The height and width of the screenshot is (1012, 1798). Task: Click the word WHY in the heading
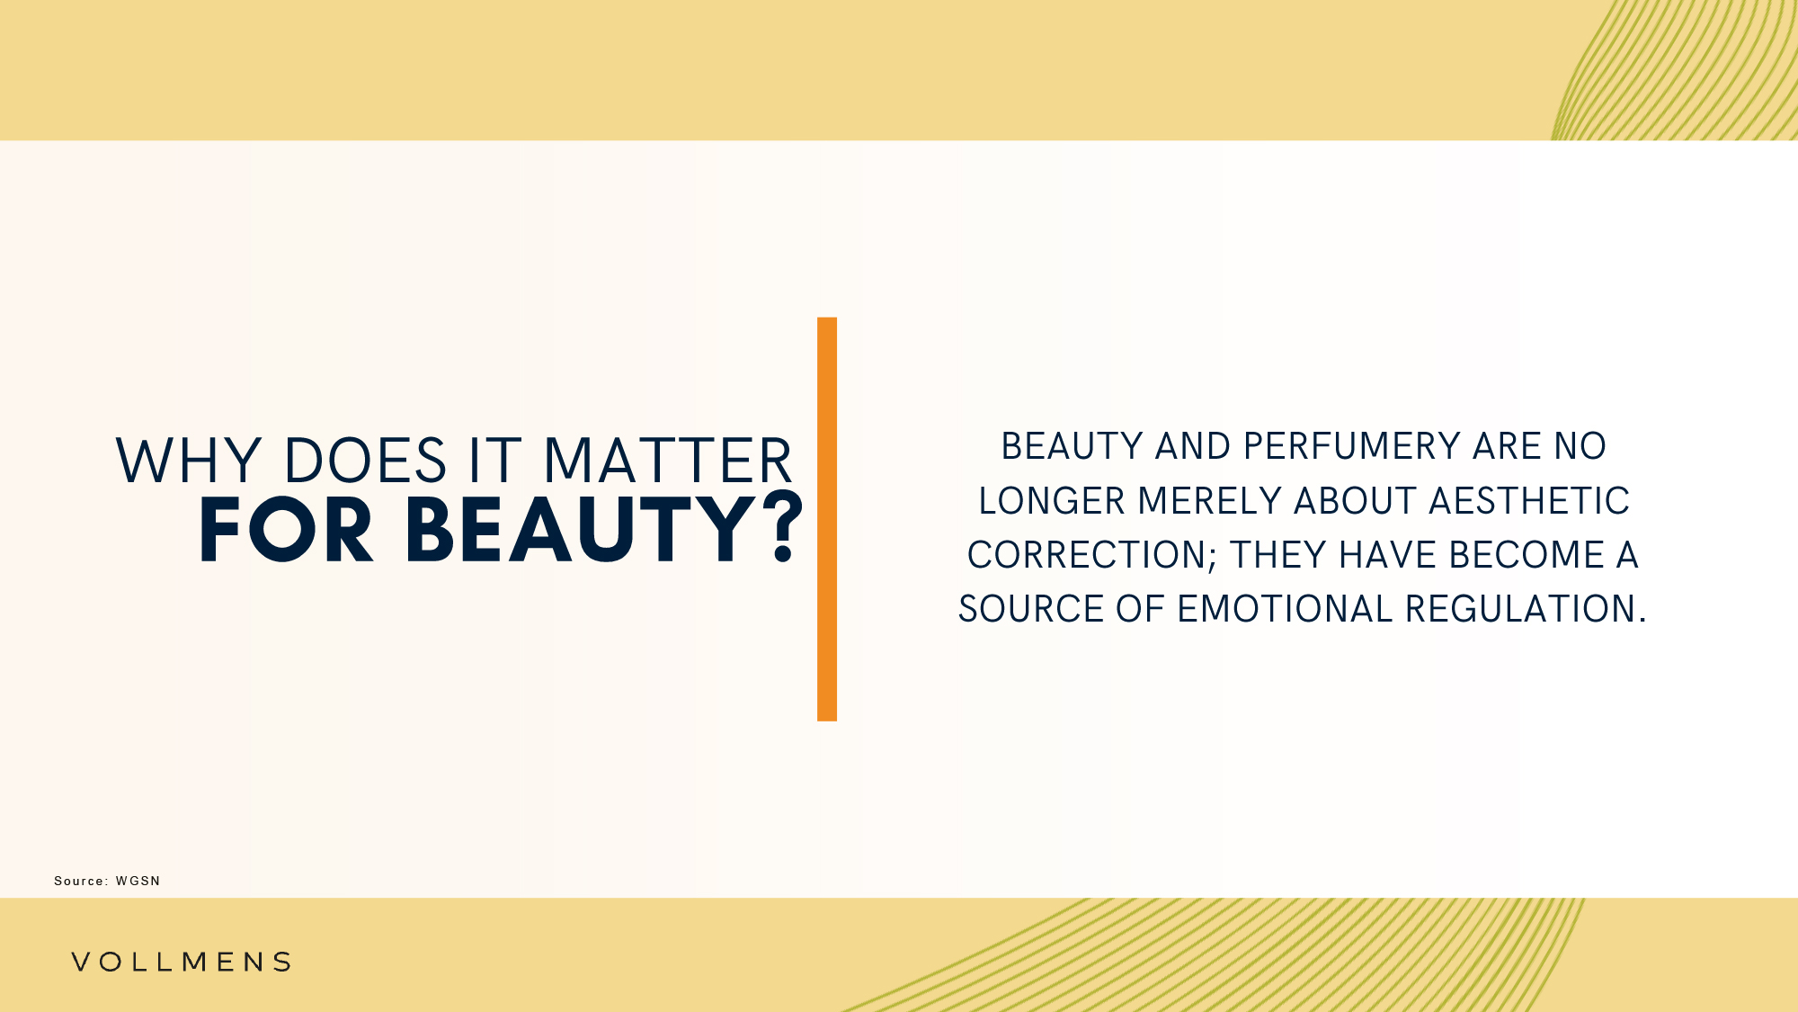[x=189, y=461]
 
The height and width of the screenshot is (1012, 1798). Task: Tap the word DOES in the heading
[x=365, y=461]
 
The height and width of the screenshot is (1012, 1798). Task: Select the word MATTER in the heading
[x=668, y=461]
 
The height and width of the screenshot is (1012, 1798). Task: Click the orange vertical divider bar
[x=827, y=519]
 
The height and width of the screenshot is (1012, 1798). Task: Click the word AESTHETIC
[x=1529, y=501]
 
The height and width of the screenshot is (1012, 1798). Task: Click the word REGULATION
[x=1520, y=609]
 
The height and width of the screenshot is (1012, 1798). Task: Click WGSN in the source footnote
[x=138, y=881]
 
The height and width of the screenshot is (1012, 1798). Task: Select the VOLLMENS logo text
[x=182, y=962]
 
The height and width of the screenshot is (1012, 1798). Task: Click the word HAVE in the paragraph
[x=1387, y=555]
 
